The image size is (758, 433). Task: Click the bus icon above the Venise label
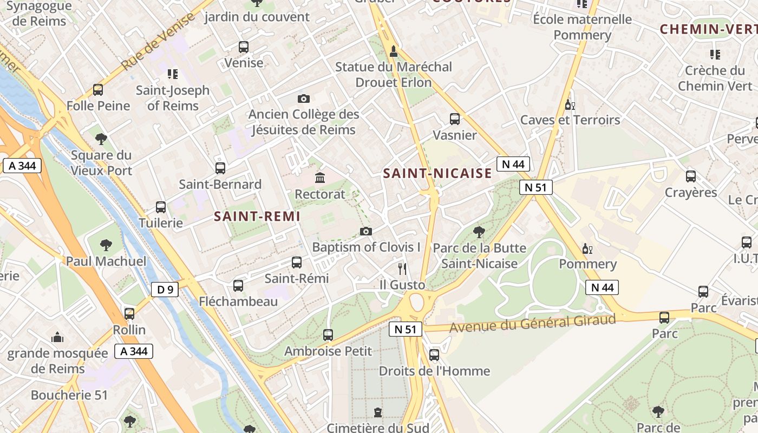(243, 47)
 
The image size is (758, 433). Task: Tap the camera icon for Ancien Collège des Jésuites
(304, 99)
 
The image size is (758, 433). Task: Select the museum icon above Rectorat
(320, 178)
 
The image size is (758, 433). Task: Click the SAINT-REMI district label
(257, 216)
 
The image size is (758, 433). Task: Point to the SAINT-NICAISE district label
(437, 174)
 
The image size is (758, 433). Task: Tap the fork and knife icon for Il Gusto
(402, 268)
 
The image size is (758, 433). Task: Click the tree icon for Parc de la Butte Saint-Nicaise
(479, 232)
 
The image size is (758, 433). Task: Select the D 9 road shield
(165, 290)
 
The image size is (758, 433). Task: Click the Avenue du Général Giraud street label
(533, 324)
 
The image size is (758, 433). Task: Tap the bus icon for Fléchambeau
(238, 285)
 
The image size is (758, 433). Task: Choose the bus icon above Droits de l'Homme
(434, 355)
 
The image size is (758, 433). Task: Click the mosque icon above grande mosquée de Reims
(57, 338)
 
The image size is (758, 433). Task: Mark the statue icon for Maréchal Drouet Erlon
(394, 51)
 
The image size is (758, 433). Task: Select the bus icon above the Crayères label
(690, 176)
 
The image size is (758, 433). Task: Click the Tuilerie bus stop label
(161, 223)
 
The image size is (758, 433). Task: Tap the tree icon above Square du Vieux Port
(101, 139)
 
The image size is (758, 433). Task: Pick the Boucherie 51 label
(69, 395)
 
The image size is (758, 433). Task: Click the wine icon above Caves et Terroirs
(570, 104)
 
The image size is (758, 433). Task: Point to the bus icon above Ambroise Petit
(328, 335)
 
